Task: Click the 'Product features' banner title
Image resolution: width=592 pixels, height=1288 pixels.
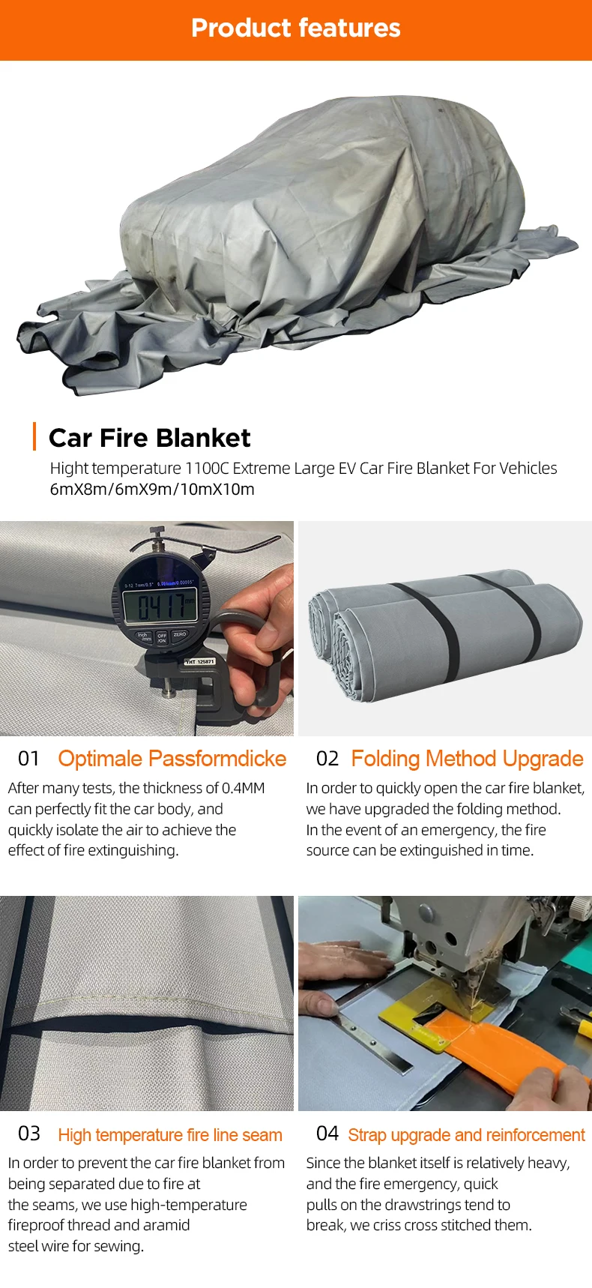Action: coord(296,28)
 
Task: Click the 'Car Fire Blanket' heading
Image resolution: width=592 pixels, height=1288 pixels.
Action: coord(150,438)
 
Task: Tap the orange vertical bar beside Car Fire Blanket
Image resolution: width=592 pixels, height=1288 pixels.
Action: coord(34,436)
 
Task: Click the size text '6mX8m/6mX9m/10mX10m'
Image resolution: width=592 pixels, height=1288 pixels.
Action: coord(152,490)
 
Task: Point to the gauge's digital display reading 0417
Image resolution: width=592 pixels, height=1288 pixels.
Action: coord(160,606)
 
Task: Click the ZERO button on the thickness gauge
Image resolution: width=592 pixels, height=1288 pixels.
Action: coord(180,634)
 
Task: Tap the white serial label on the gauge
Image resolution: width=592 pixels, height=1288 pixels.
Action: coord(200,661)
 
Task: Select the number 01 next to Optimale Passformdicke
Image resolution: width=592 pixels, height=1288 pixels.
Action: coord(28,759)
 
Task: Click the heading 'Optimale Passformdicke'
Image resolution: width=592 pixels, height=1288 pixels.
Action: coord(172,759)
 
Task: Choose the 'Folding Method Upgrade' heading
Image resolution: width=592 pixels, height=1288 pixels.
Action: coord(467,759)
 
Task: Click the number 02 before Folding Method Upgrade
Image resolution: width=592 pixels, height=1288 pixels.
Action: coord(327,759)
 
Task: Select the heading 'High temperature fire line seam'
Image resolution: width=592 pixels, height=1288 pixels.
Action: coord(170,1135)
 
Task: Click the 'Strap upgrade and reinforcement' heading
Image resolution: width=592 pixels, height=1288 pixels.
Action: coord(466,1135)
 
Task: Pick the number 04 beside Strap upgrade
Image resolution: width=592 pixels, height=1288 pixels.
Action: coord(327,1134)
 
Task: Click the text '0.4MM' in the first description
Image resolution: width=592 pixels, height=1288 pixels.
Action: coord(244,788)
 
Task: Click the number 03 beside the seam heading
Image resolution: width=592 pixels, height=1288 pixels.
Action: coord(28,1134)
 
